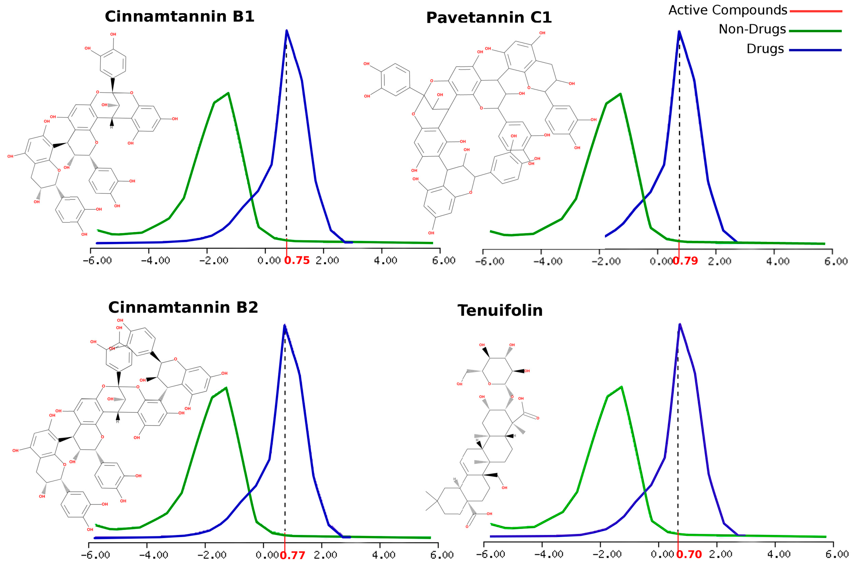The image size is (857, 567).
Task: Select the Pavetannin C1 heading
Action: [x=489, y=18]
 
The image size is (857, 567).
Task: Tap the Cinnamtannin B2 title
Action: [x=183, y=307]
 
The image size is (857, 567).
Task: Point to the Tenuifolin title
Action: [x=500, y=311]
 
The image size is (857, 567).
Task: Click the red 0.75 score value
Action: [x=297, y=260]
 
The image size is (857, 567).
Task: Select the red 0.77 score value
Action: [x=293, y=555]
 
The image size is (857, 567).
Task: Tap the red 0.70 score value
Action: [x=689, y=554]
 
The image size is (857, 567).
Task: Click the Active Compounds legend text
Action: [x=728, y=10]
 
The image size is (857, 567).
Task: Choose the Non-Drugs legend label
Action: [x=752, y=29]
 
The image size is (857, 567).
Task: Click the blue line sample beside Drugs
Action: [x=815, y=50]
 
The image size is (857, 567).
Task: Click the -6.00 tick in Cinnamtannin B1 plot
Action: [x=97, y=260]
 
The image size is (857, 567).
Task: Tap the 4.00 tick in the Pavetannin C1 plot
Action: [x=777, y=261]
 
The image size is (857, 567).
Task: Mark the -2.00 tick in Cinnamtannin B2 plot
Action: [x=212, y=555]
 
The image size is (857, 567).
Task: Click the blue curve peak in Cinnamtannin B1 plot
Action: [x=286, y=31]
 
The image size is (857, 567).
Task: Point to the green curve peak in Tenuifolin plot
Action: [x=621, y=387]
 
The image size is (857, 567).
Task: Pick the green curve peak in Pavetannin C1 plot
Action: [x=620, y=94]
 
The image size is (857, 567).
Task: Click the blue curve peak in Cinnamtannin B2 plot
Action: [x=285, y=325]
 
